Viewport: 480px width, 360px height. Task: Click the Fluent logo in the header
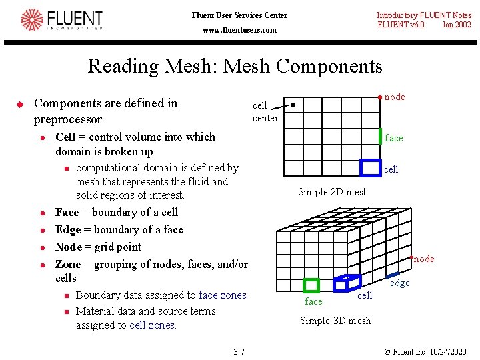(61, 20)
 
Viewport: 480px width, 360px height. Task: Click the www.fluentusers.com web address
(239, 30)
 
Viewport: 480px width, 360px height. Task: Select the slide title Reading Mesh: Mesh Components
(235, 66)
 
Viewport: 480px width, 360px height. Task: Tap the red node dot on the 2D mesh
(380, 97)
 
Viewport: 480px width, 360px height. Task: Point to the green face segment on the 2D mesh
(381, 136)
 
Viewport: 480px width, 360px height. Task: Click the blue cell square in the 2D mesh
(370, 168)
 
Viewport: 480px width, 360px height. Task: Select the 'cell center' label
(265, 112)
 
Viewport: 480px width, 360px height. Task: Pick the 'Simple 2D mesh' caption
(333, 192)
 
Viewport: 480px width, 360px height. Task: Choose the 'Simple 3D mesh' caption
(335, 321)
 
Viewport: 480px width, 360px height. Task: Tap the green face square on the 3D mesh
(311, 285)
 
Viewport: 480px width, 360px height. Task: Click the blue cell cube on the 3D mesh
(347, 283)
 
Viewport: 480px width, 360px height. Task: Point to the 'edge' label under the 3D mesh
(400, 283)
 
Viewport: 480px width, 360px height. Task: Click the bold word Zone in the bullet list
(67, 264)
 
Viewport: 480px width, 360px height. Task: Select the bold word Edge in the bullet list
(67, 229)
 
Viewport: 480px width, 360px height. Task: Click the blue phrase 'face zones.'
(223, 295)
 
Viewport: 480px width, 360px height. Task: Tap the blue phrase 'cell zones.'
(153, 325)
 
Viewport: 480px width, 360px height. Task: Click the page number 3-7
(239, 351)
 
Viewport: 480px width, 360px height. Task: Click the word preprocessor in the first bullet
(67, 120)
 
